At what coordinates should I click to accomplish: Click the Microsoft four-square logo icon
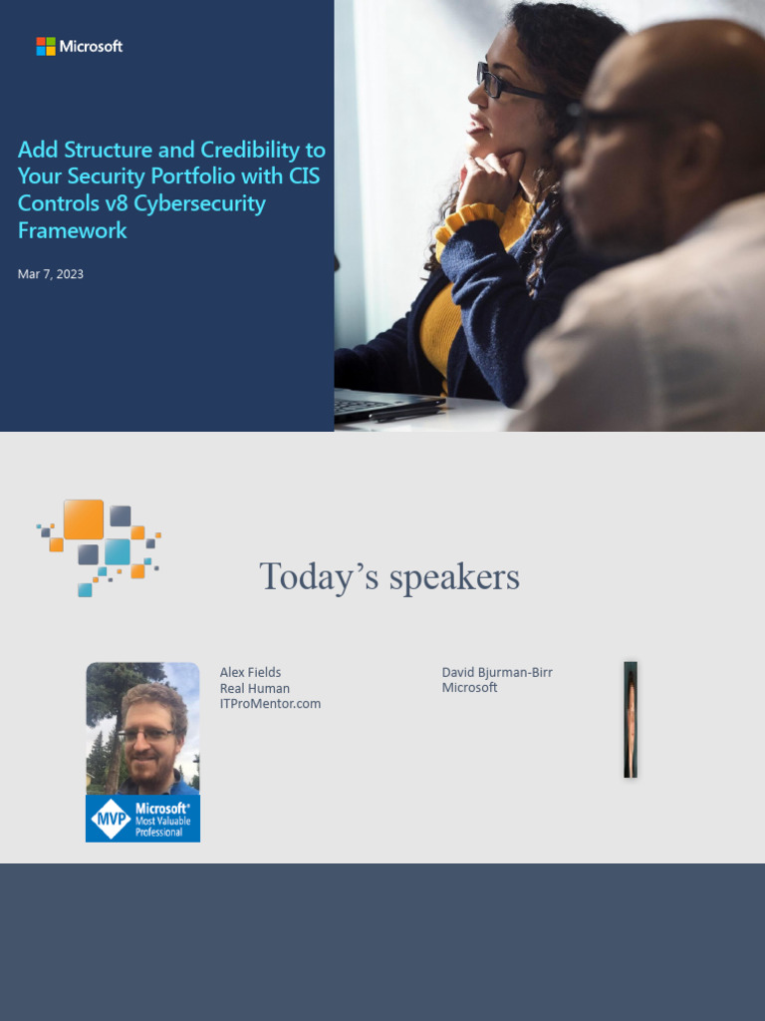coord(46,46)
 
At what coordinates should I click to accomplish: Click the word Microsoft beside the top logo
coord(91,46)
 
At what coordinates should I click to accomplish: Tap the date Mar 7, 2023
coord(51,274)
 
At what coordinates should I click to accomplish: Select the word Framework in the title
coord(73,230)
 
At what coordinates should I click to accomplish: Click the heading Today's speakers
coord(389,576)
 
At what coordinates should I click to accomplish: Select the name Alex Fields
coord(250,672)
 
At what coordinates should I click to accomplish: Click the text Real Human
coord(254,688)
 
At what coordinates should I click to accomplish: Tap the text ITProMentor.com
coord(270,703)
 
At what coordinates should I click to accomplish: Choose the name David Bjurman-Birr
coord(497,672)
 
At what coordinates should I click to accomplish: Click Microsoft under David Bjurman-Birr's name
coord(469,687)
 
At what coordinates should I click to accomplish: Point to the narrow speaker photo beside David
coord(631,719)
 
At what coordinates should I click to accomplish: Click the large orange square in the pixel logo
coord(84,519)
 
